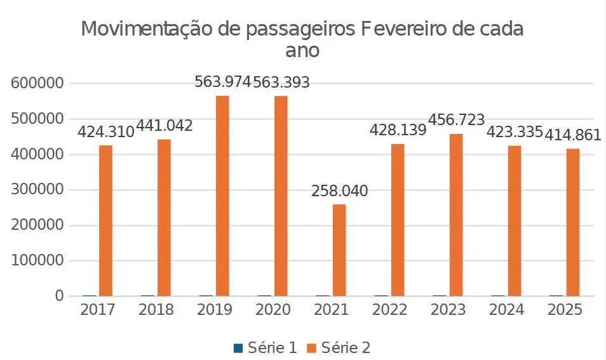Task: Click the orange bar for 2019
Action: (222, 196)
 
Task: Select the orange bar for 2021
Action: (339, 250)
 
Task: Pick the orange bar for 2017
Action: (105, 220)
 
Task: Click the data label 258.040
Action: (339, 191)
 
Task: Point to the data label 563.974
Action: (222, 83)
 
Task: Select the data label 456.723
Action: (456, 120)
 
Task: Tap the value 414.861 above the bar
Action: (573, 135)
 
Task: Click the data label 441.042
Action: (164, 126)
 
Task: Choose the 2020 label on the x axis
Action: (273, 310)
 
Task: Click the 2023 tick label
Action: (448, 310)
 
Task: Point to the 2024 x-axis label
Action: (506, 310)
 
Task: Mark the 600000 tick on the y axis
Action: (37, 83)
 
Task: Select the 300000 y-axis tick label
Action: (37, 190)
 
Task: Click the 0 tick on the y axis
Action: (60, 297)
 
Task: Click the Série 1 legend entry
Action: (272, 347)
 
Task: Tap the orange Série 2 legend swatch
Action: (312, 347)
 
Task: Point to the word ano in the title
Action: (302, 51)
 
